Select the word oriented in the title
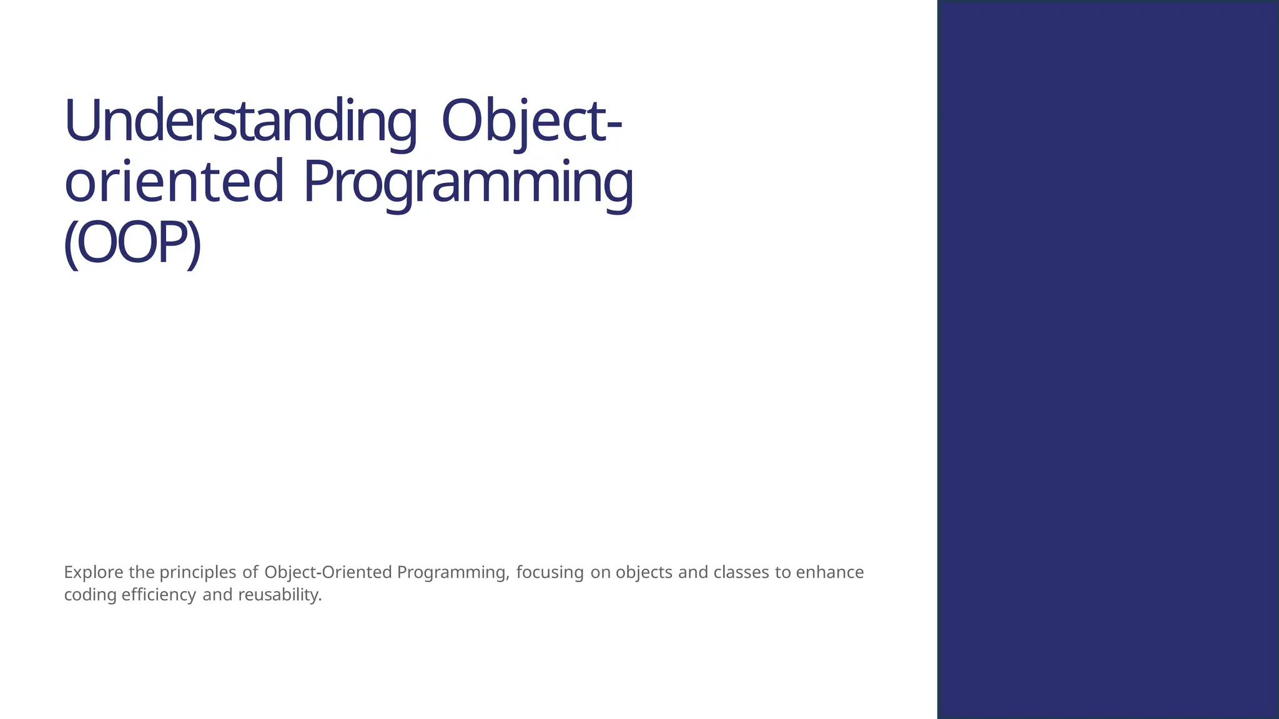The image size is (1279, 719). point(174,182)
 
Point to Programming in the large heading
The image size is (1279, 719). point(468,182)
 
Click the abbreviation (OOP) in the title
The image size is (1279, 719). point(132,243)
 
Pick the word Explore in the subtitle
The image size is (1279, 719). point(94,572)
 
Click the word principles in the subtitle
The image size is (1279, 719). point(197,572)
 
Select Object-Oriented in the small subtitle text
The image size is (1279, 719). point(328,572)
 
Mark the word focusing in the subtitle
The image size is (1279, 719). point(550,572)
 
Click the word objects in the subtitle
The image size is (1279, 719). point(644,572)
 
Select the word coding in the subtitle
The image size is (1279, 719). point(90,595)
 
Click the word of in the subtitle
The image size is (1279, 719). point(250,572)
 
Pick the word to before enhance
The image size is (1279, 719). point(783,572)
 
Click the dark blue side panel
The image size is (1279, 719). point(1108,359)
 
